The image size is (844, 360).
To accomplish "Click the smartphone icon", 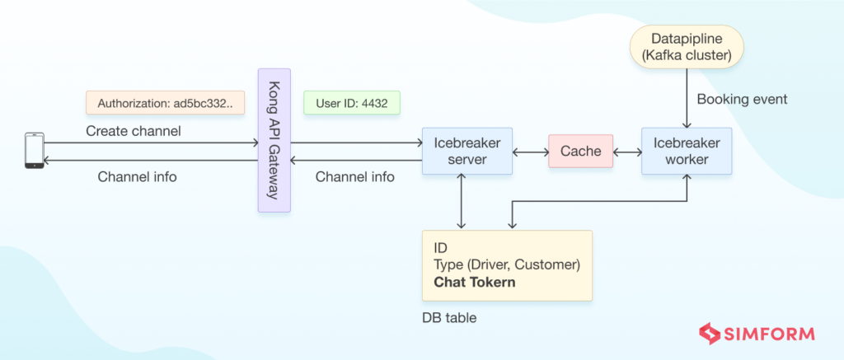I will click(x=35, y=152).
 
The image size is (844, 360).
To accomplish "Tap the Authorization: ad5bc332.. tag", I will click(x=166, y=103).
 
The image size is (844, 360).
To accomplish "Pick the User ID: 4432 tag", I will click(x=352, y=103).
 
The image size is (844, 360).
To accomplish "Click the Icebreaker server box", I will click(x=467, y=151).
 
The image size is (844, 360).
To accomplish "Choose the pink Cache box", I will click(x=580, y=152).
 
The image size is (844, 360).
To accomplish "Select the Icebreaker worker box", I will click(x=687, y=151).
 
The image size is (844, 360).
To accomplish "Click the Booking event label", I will click(x=742, y=99).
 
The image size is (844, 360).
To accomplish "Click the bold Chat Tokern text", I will click(x=474, y=283).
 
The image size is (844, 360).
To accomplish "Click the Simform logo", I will click(x=757, y=334).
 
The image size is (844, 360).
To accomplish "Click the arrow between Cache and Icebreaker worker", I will click(x=627, y=152).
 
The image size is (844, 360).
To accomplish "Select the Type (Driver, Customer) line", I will click(x=507, y=264).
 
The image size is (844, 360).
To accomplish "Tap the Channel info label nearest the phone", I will click(x=137, y=176).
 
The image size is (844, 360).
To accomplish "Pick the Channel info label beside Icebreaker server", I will click(x=355, y=176).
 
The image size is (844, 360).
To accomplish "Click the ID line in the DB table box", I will click(x=441, y=247).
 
